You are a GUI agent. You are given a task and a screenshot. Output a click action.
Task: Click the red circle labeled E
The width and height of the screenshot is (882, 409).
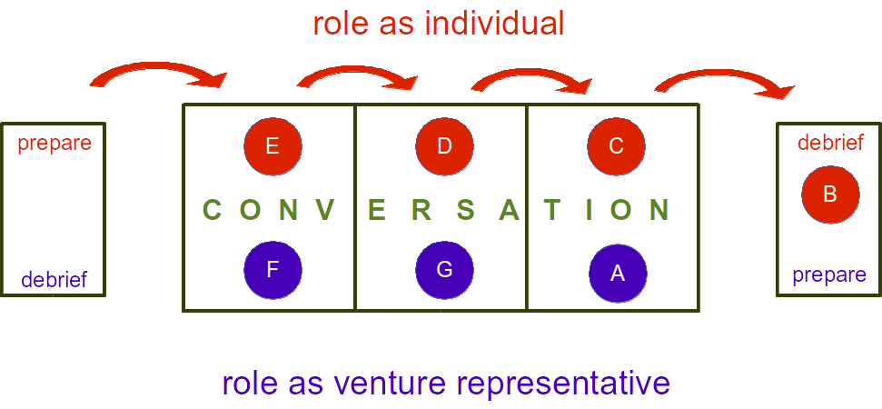[273, 145]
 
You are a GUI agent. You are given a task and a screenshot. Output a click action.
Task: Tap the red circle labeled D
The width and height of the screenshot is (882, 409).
[444, 145]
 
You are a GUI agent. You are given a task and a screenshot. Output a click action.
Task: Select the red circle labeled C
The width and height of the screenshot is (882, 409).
[616, 145]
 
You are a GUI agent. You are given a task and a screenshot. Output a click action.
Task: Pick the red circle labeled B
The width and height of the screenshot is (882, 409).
[829, 193]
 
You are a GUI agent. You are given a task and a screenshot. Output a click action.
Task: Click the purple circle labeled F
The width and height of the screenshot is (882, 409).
[273, 270]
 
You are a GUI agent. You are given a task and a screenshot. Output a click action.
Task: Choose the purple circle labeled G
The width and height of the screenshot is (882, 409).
[444, 270]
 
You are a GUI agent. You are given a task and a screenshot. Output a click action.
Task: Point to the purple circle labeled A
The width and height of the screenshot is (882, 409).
[617, 273]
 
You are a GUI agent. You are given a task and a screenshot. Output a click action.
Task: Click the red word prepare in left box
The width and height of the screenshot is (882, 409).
[55, 143]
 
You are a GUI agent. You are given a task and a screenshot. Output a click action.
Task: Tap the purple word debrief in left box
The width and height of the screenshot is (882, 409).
[55, 279]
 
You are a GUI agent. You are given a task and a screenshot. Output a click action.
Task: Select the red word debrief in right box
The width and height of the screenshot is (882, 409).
[830, 143]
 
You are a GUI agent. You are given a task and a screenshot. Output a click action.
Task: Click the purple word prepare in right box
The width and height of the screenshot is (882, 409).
[829, 274]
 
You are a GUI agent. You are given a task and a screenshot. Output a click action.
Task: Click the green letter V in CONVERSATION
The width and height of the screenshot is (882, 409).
[324, 211]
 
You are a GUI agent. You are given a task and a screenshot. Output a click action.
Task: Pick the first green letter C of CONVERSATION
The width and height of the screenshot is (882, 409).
[213, 211]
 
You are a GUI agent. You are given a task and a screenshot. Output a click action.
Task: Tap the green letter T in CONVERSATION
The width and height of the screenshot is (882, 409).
[550, 211]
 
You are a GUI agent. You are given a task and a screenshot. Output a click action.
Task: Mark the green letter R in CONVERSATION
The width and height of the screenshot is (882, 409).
[421, 211]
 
